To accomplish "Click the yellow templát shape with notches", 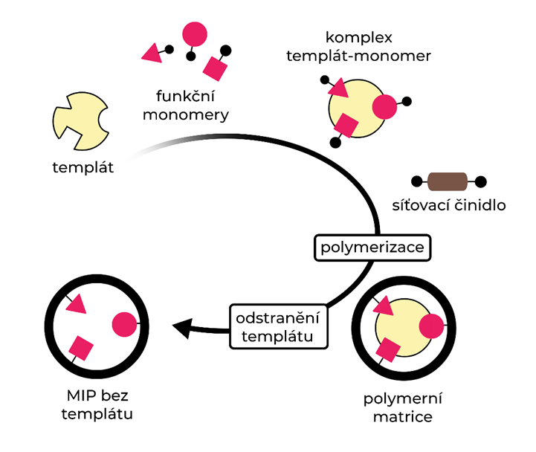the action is (80, 121).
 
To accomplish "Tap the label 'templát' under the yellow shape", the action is (83, 167).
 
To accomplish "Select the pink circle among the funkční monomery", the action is (195, 34).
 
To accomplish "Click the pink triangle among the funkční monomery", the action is (152, 54).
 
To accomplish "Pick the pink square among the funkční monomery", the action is (215, 68).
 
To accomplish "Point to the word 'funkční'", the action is (186, 96).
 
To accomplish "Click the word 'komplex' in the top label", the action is (359, 37).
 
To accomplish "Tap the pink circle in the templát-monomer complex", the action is (384, 106).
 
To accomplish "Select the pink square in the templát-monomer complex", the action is (346, 126).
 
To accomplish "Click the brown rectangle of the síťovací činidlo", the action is (448, 181).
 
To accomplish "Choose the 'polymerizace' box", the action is (372, 248).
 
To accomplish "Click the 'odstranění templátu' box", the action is (279, 326).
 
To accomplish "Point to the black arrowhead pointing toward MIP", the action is (182, 328).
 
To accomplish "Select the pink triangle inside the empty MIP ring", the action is (77, 304).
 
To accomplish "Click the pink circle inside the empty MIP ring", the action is (124, 324).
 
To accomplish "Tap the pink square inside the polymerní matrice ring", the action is (388, 349).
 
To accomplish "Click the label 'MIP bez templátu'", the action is (97, 404).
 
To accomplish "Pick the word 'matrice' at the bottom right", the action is (403, 417).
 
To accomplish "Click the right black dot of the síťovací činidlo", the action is (481, 181).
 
